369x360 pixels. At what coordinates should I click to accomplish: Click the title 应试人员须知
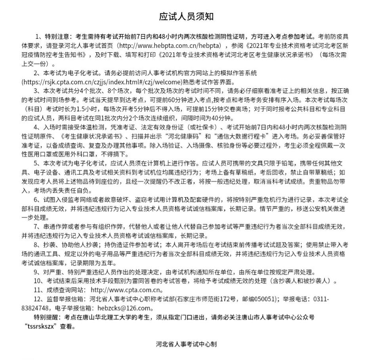coord(186,17)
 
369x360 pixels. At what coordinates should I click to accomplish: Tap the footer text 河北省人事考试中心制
coord(186,344)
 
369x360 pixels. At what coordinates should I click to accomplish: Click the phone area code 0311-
coord(321,299)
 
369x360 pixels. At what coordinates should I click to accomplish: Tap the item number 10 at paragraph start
coord(38,281)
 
